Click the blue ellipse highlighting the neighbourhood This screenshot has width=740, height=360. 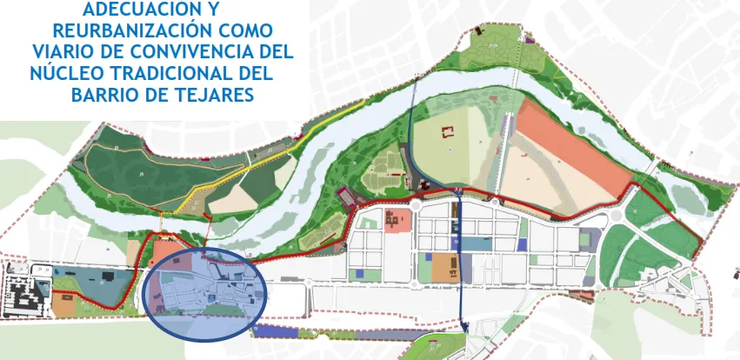(x=205, y=292)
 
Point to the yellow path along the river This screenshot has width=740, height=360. (x=287, y=148)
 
